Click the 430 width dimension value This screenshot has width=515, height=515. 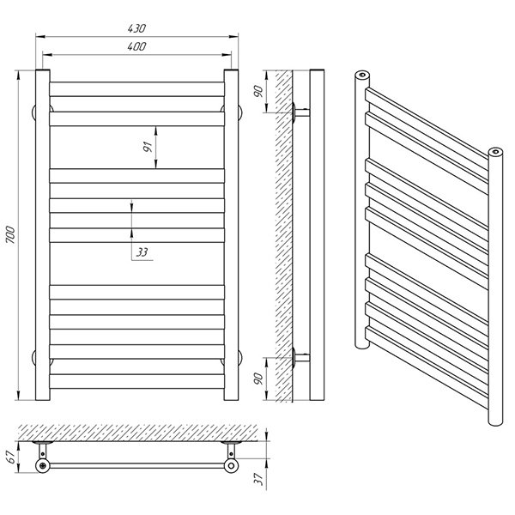point(136,28)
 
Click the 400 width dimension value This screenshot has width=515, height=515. point(136,46)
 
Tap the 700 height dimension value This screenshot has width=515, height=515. point(10,235)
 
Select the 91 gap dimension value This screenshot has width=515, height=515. point(148,147)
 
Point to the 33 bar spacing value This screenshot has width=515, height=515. point(142,252)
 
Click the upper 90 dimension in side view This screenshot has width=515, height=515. point(259,91)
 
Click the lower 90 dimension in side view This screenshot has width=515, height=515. point(259,379)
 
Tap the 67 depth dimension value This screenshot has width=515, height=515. point(12,457)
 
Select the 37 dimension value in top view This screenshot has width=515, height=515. point(259,479)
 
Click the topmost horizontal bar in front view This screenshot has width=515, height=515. point(137,89)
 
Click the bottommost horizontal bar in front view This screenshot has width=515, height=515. point(137,381)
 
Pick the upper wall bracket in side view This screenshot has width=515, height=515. point(300,112)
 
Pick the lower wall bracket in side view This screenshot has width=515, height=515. point(300,357)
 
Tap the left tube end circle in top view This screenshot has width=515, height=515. point(43,465)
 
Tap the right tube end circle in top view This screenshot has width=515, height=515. point(231,465)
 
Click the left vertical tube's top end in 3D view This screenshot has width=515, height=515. point(362,75)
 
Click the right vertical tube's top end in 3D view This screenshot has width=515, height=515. point(495,152)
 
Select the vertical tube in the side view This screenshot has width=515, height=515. point(317,235)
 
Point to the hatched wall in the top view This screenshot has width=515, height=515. point(137,433)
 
